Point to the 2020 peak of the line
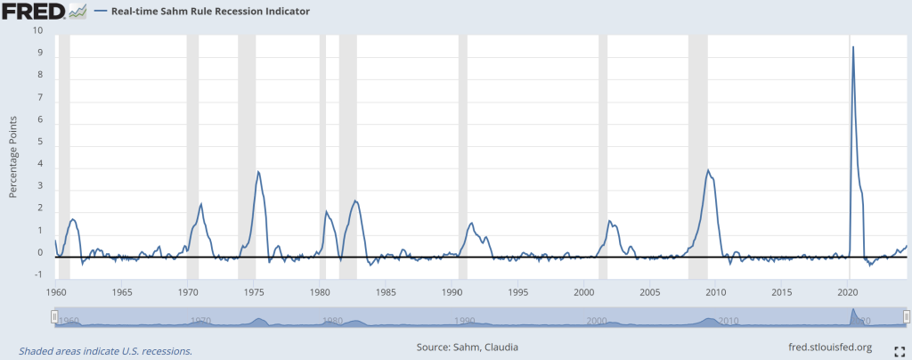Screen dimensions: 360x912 pyautogui.click(x=853, y=47)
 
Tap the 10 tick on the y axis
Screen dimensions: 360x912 pyautogui.click(x=37, y=30)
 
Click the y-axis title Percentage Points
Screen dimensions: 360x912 pyautogui.click(x=13, y=156)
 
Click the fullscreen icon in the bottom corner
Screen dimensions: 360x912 pyautogui.click(x=899, y=348)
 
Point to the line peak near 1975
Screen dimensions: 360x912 pyautogui.click(x=258, y=172)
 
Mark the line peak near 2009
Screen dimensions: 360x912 pyautogui.click(x=708, y=170)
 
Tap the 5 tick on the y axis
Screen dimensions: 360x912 pyautogui.click(x=38, y=142)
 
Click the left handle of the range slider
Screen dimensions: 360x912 pyautogui.click(x=54, y=316)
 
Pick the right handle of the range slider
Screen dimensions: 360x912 pyautogui.click(x=907, y=316)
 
